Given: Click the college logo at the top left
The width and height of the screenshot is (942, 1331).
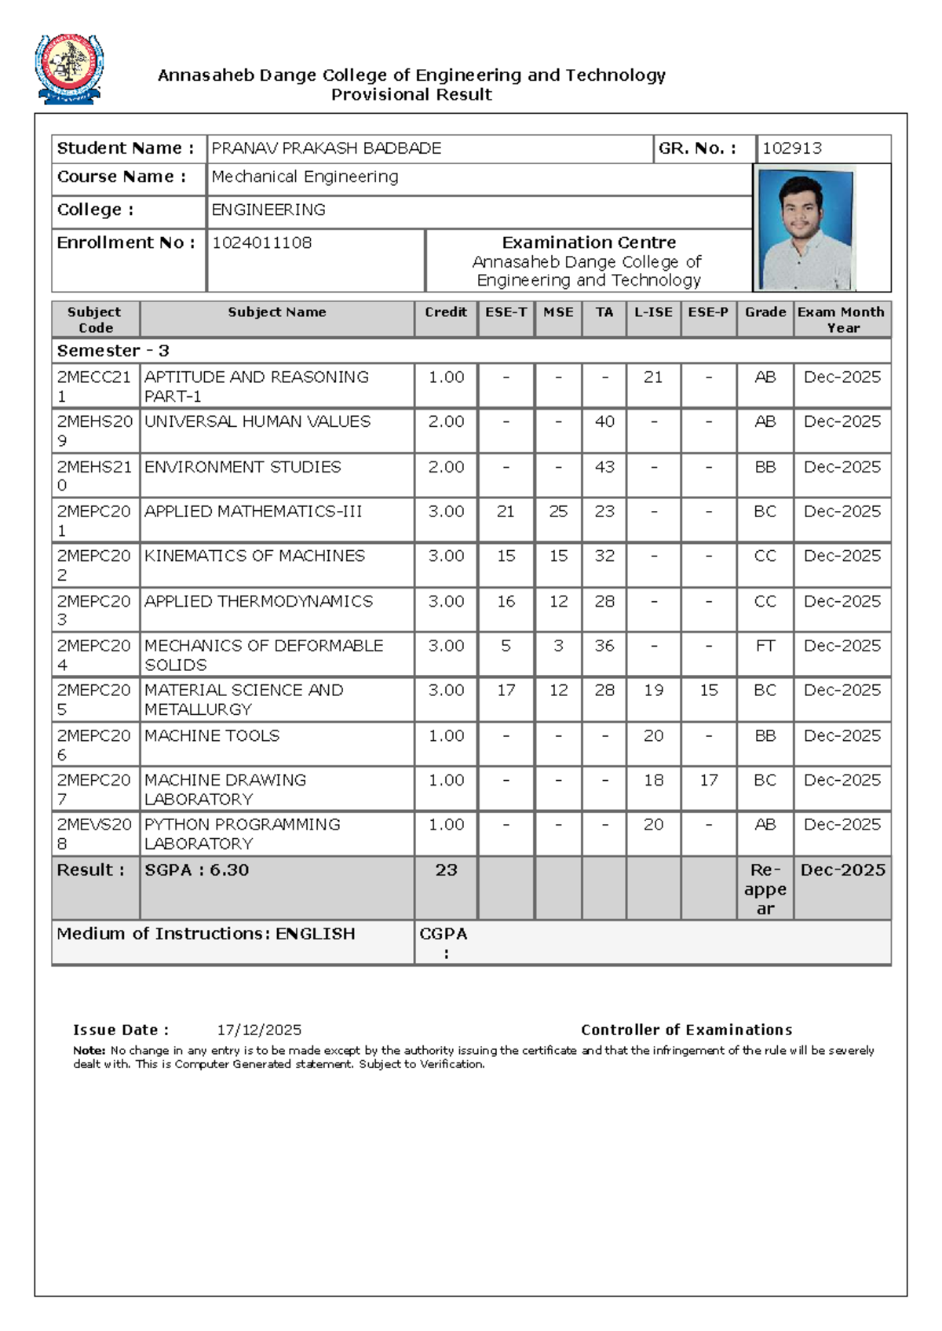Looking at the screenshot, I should click(69, 68).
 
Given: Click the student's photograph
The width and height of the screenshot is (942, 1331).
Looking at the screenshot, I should click(805, 229).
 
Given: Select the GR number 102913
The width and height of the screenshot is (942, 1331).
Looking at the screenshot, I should click(792, 148).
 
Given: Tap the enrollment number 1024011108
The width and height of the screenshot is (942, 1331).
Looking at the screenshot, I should click(261, 242).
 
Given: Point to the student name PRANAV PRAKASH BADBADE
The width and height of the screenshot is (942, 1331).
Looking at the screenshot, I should click(327, 148).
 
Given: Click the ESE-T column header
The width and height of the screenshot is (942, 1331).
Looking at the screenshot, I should click(506, 312).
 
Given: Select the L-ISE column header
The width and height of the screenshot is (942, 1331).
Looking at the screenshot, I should click(653, 312).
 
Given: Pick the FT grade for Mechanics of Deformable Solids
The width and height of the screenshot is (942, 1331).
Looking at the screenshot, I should click(765, 646).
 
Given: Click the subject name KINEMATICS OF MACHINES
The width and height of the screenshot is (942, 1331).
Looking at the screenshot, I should click(254, 556).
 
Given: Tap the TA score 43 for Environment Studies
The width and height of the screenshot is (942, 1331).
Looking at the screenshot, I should click(604, 467).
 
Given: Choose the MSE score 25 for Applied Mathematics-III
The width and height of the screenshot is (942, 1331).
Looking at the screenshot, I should click(558, 512).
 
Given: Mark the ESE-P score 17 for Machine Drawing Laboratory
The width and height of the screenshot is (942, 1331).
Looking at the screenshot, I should click(709, 780).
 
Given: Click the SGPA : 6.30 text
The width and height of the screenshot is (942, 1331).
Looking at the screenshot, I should click(197, 870).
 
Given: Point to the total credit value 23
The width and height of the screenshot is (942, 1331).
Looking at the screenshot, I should click(446, 870).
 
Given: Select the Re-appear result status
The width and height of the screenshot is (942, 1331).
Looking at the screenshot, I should click(765, 889).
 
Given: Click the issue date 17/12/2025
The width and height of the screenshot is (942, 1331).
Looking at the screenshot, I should click(259, 1030).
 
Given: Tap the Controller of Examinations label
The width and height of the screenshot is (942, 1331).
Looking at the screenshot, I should click(686, 1030).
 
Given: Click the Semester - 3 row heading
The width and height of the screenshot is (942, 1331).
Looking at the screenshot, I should click(113, 351).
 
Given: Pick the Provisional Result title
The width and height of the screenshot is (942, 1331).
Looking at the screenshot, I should click(411, 95).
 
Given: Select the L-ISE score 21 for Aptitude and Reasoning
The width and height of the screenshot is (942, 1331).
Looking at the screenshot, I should click(653, 377).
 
